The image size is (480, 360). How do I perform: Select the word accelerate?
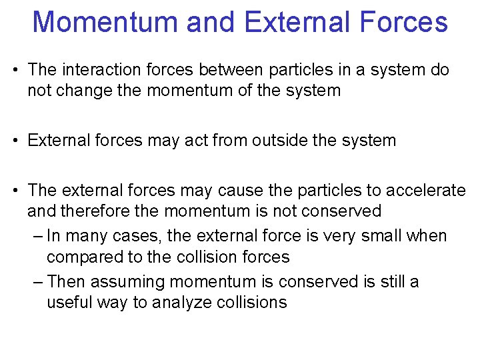click(x=426, y=191)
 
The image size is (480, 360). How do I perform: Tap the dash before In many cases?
click(x=37, y=236)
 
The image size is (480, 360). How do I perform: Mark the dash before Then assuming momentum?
click(x=37, y=282)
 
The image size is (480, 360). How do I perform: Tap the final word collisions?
click(x=252, y=303)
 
